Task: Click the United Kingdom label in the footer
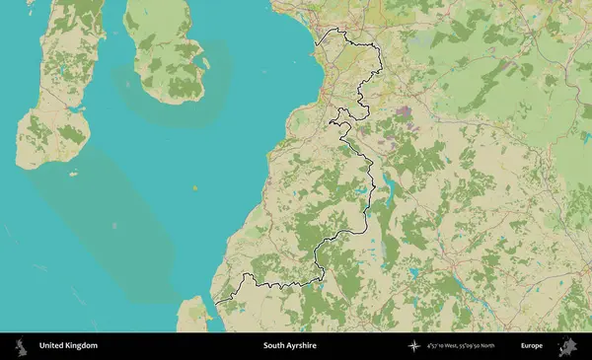[x=68, y=346]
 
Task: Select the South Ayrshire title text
[x=289, y=346]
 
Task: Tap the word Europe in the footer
[x=532, y=346]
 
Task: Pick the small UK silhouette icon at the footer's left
[x=20, y=346]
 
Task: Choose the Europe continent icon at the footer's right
[x=566, y=346]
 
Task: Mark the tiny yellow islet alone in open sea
[x=195, y=186]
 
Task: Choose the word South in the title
[x=273, y=346]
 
